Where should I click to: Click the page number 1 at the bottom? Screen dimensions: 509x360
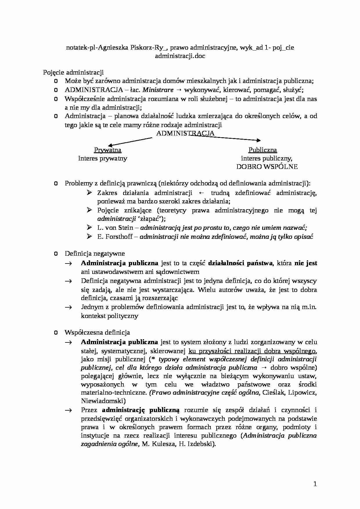point(315,484)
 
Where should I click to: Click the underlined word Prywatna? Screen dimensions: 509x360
point(108,150)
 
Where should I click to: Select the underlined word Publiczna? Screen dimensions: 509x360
point(262,150)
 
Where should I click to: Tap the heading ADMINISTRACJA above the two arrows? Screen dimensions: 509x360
point(185,133)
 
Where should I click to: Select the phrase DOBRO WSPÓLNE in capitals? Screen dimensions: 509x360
point(267,167)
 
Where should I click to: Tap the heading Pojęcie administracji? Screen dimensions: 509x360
point(73,72)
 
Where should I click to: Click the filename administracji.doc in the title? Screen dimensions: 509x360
point(180,56)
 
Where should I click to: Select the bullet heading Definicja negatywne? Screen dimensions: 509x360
point(95,253)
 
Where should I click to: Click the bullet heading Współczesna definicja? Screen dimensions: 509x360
point(97,333)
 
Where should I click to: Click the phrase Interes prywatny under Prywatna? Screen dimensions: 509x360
point(102,158)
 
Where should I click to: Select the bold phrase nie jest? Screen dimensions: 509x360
point(306,263)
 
